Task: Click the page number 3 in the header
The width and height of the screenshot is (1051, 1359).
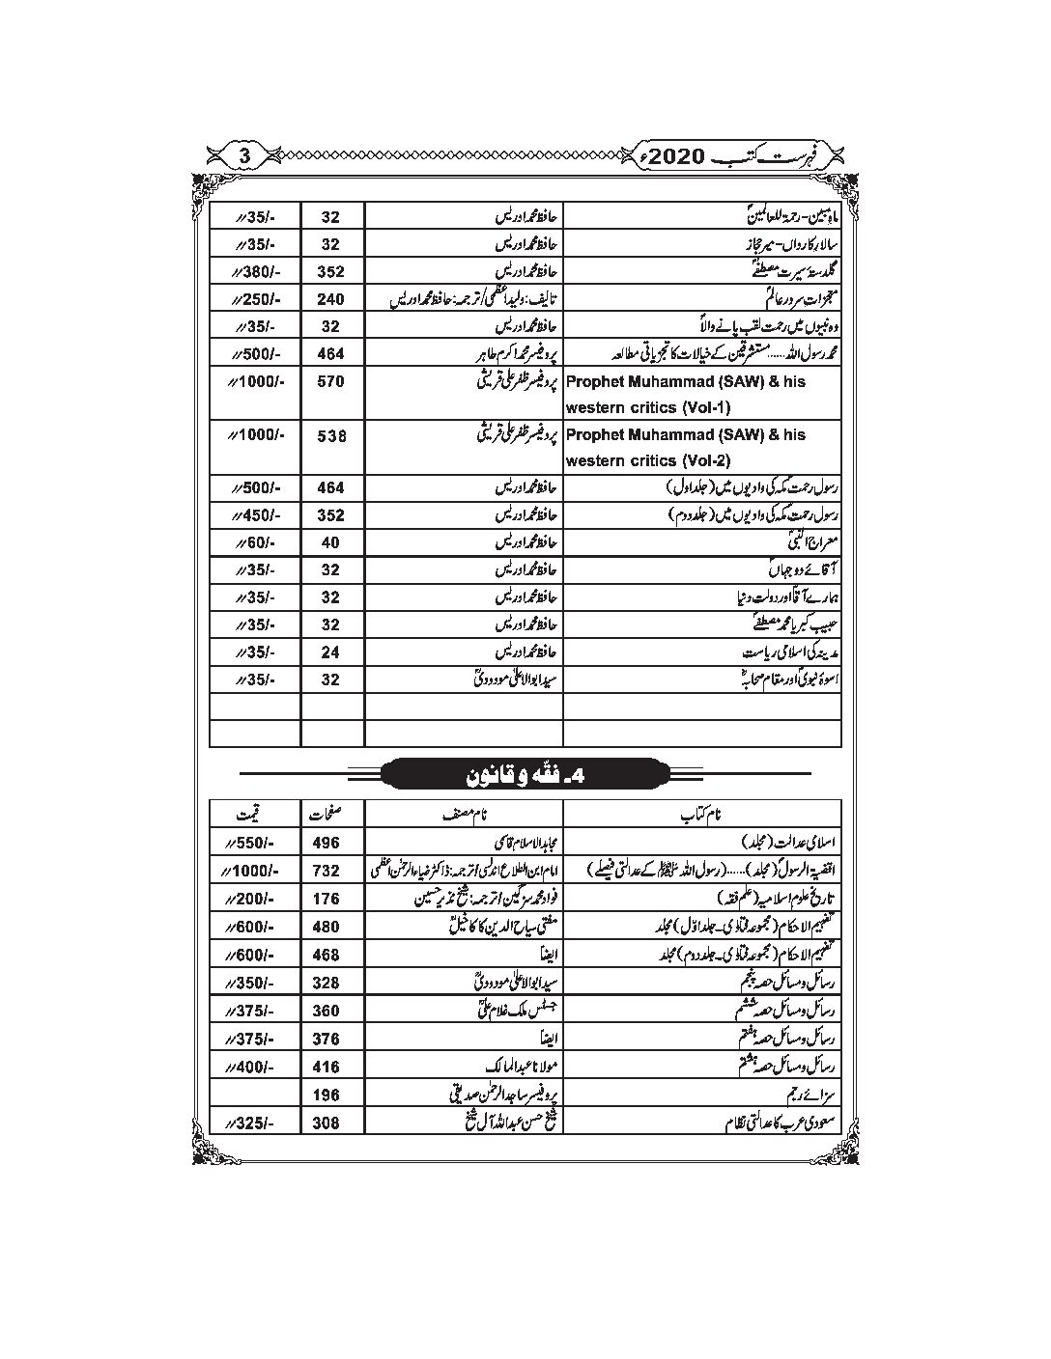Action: click(244, 154)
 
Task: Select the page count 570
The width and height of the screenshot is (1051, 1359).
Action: click(331, 381)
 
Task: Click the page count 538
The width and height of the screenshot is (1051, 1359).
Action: click(331, 435)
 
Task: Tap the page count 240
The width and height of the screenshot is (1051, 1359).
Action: click(331, 299)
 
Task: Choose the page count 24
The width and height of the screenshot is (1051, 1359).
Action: click(331, 652)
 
